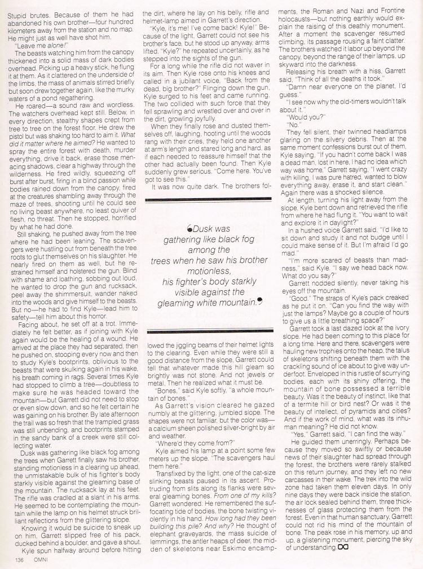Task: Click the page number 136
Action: click(x=10, y=560)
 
